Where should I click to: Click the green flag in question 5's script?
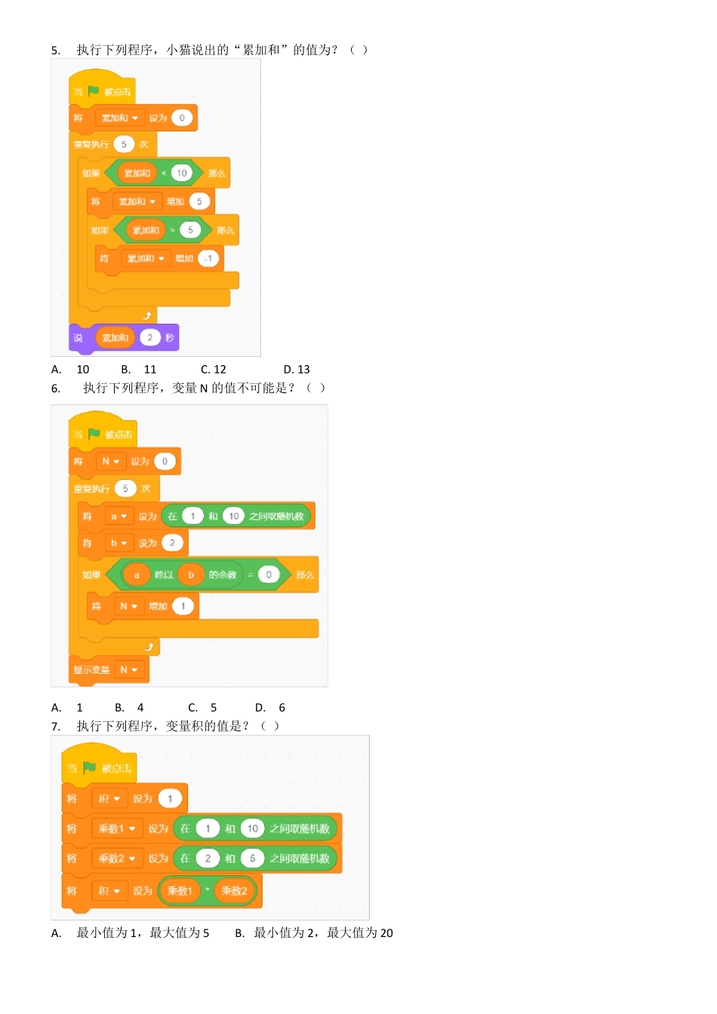94,91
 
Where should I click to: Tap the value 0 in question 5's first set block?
182,118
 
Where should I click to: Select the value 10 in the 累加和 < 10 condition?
182,173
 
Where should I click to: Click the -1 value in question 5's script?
208,258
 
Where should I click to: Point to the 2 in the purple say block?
149,337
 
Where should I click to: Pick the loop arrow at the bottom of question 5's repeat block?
147,315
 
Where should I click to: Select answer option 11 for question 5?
150,369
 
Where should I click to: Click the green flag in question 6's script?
94,434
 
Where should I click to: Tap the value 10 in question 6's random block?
234,516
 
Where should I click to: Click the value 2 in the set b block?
172,542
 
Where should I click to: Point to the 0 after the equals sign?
269,574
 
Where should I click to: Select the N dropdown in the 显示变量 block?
128,669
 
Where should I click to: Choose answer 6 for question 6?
282,707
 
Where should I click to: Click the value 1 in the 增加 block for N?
183,606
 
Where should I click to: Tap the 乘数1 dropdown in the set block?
116,828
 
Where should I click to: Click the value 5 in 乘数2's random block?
253,858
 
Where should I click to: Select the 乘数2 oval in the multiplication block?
234,890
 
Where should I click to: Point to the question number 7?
56,726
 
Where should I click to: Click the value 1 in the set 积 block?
170,798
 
